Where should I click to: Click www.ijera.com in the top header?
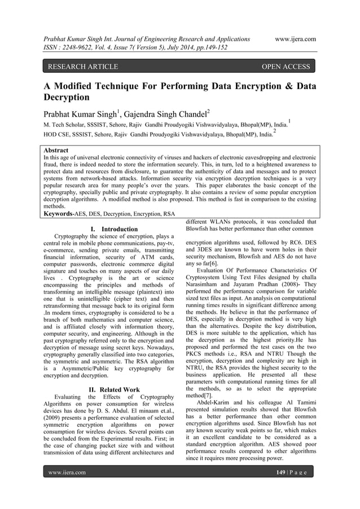(293, 39)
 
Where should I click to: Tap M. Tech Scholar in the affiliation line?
(67, 123)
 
